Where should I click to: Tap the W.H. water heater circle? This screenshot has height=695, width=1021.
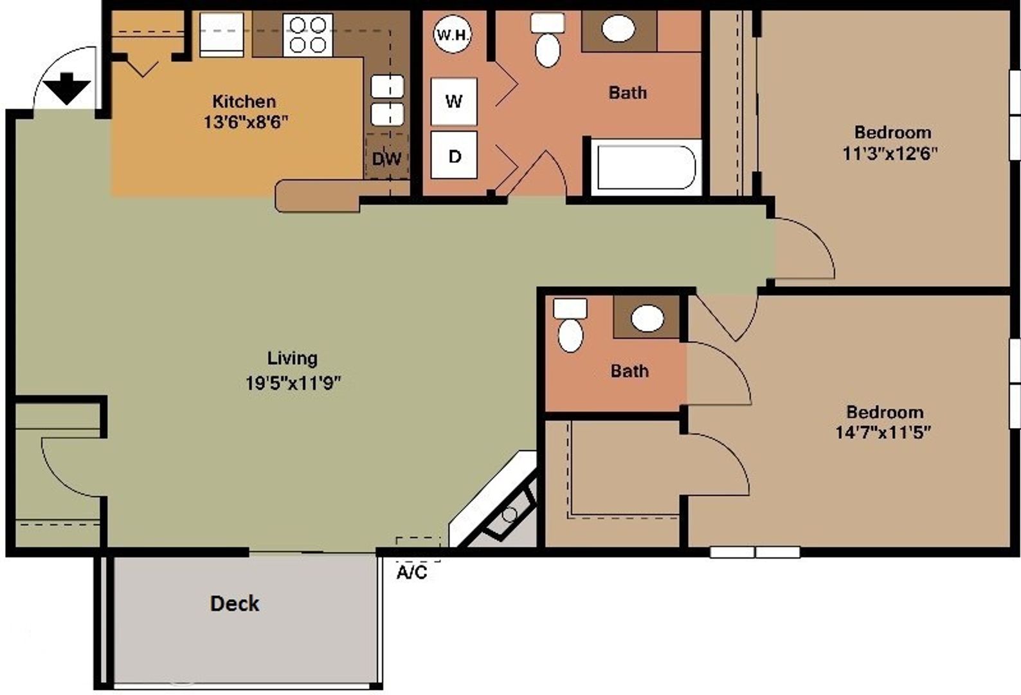(x=453, y=34)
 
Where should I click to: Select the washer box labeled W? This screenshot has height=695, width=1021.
(x=454, y=102)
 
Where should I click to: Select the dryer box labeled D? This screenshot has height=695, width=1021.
(x=454, y=156)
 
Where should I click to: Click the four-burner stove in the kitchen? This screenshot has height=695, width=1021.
(x=307, y=35)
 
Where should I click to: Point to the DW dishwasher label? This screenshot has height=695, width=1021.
(x=386, y=158)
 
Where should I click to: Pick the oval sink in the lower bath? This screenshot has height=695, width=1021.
(x=647, y=318)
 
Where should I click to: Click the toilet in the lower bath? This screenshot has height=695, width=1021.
(x=570, y=326)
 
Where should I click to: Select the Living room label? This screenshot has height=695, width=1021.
(x=292, y=358)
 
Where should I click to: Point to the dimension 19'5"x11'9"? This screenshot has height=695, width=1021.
(x=293, y=383)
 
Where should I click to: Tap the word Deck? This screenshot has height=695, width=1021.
(x=235, y=604)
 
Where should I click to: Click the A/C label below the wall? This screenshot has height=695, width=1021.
(x=411, y=572)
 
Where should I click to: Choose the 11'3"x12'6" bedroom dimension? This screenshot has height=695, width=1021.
(x=890, y=153)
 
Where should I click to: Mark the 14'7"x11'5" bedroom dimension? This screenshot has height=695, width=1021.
(x=883, y=432)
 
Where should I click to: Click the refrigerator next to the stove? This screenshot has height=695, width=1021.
(x=221, y=35)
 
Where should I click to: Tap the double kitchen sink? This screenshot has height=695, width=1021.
(x=387, y=100)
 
